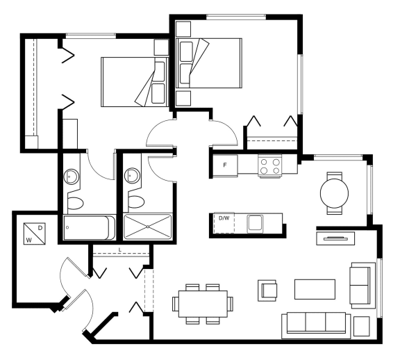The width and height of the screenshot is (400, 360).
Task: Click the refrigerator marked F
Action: (225, 165)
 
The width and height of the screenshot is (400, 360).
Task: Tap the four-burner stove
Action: (270, 166)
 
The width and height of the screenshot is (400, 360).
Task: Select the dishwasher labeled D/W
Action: (224, 222)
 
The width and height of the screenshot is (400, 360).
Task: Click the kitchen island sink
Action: (255, 224)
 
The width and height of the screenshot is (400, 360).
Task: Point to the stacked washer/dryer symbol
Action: (35, 234)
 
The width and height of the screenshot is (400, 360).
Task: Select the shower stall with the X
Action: (148, 227)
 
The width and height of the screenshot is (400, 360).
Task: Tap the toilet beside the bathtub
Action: (76, 203)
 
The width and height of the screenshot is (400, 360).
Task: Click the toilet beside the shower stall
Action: (136, 202)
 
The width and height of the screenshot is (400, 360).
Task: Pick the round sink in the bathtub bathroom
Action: (72, 176)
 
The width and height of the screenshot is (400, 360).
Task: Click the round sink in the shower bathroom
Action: (132, 175)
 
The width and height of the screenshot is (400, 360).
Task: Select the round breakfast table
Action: (334, 193)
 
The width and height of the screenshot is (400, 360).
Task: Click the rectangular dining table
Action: (203, 304)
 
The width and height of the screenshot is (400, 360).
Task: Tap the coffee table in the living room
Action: (315, 289)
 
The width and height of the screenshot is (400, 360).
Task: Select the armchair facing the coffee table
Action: (267, 291)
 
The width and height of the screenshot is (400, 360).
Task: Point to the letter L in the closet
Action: (120, 249)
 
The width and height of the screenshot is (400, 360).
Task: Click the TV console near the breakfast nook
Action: (335, 238)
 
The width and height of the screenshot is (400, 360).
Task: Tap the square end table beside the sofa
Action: (362, 327)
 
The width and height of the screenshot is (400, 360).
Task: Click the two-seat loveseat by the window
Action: (362, 286)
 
